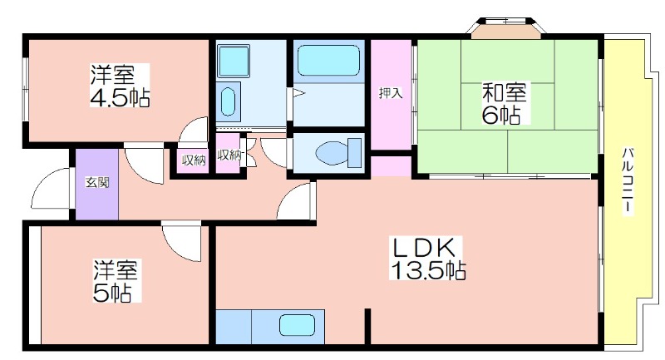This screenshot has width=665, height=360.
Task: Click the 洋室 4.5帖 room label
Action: click(x=119, y=86)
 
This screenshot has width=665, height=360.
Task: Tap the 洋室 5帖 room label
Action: click(x=116, y=281)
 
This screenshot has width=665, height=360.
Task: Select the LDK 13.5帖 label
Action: click(x=428, y=259)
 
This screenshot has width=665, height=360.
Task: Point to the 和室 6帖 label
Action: click(x=504, y=103)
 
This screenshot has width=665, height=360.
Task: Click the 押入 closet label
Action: click(x=391, y=93)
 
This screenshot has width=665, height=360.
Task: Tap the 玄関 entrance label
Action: click(x=97, y=183)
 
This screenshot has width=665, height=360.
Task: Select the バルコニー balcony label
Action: click(x=628, y=181)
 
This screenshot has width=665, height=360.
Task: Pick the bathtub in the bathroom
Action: click(x=328, y=61)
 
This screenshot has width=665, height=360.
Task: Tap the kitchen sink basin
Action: click(x=297, y=326)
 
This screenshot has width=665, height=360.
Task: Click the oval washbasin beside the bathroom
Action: click(x=228, y=101)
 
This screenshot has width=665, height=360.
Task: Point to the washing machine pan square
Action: click(x=233, y=61)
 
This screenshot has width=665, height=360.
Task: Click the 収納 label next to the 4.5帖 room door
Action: click(x=194, y=160)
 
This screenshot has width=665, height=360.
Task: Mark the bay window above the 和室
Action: click(x=505, y=28)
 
